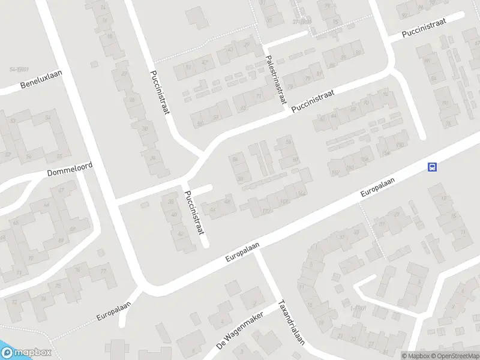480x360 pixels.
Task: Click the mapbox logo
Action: coord(26,353)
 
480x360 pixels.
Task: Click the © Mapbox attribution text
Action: coord(416,356)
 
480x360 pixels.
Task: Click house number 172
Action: coord(264,210)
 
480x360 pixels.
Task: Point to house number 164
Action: coord(301,192)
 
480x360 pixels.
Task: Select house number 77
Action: coord(103,272)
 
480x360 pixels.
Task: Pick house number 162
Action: coord(334,173)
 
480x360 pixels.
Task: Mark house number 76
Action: coord(77,269)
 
